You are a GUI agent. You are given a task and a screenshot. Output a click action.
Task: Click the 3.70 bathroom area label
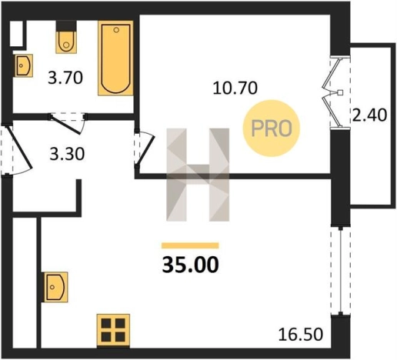(x=65, y=78)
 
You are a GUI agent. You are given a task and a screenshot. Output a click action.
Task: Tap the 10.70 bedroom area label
(x=235, y=88)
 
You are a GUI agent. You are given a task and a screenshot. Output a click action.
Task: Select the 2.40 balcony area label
(x=369, y=115)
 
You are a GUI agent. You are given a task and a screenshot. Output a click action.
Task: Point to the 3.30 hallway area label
(x=67, y=155)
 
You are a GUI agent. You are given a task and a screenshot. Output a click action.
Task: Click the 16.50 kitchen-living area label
(x=301, y=335)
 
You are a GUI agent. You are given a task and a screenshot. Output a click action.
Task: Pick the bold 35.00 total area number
(x=191, y=265)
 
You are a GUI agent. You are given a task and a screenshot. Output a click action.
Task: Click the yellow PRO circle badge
(x=272, y=128)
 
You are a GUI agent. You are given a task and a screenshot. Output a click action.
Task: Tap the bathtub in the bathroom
(x=115, y=58)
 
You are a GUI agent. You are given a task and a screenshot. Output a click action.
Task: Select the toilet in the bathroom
(x=66, y=38)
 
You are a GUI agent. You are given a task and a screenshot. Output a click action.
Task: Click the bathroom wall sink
(x=23, y=65)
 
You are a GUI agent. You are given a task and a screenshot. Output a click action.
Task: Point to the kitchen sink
(x=55, y=287)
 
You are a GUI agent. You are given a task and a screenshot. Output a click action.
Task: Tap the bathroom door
(x=68, y=124)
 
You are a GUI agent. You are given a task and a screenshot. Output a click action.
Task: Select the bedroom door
(x=145, y=149)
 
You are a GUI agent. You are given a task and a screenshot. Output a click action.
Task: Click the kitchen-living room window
(x=341, y=271)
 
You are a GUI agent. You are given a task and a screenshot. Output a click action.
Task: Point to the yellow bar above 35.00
(x=190, y=245)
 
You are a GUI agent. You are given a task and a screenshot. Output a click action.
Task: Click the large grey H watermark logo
(x=198, y=175)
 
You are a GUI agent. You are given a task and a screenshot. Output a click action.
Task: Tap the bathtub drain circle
(x=116, y=30)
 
